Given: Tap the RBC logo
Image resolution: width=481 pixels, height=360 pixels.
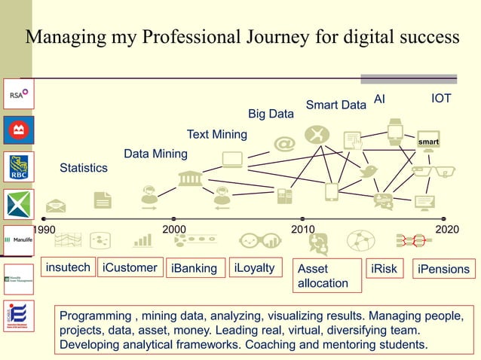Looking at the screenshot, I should point(18,167).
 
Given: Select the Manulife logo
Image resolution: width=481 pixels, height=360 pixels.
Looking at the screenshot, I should point(18,239).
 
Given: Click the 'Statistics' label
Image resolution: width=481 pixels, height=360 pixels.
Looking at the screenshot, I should point(84,168).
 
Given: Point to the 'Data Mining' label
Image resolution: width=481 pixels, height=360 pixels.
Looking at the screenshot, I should point(155,154).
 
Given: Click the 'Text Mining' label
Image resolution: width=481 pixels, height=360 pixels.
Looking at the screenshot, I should point(217,134).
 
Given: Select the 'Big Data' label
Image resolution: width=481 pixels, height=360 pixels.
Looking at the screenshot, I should point(271,114).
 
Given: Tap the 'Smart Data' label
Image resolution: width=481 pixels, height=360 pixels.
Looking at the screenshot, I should point(335,105).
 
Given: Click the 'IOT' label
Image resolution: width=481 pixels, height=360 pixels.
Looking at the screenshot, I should point(441,99).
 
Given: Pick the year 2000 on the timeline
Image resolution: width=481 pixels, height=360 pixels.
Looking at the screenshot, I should point(175,229).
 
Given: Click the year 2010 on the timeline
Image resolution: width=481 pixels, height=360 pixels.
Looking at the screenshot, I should point(303,229).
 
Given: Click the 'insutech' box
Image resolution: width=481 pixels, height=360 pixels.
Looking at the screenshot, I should point(68,267).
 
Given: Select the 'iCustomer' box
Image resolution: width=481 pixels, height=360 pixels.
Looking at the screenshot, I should point(130,267).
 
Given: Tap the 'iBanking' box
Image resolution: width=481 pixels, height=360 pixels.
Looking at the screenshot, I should point(195,268).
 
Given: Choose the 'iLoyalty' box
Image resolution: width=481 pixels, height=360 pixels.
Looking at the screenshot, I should point(254,267).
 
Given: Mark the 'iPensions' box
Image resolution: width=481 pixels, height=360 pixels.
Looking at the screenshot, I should point(443,269).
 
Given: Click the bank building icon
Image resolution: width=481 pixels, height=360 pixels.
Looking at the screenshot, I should point(189,178).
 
